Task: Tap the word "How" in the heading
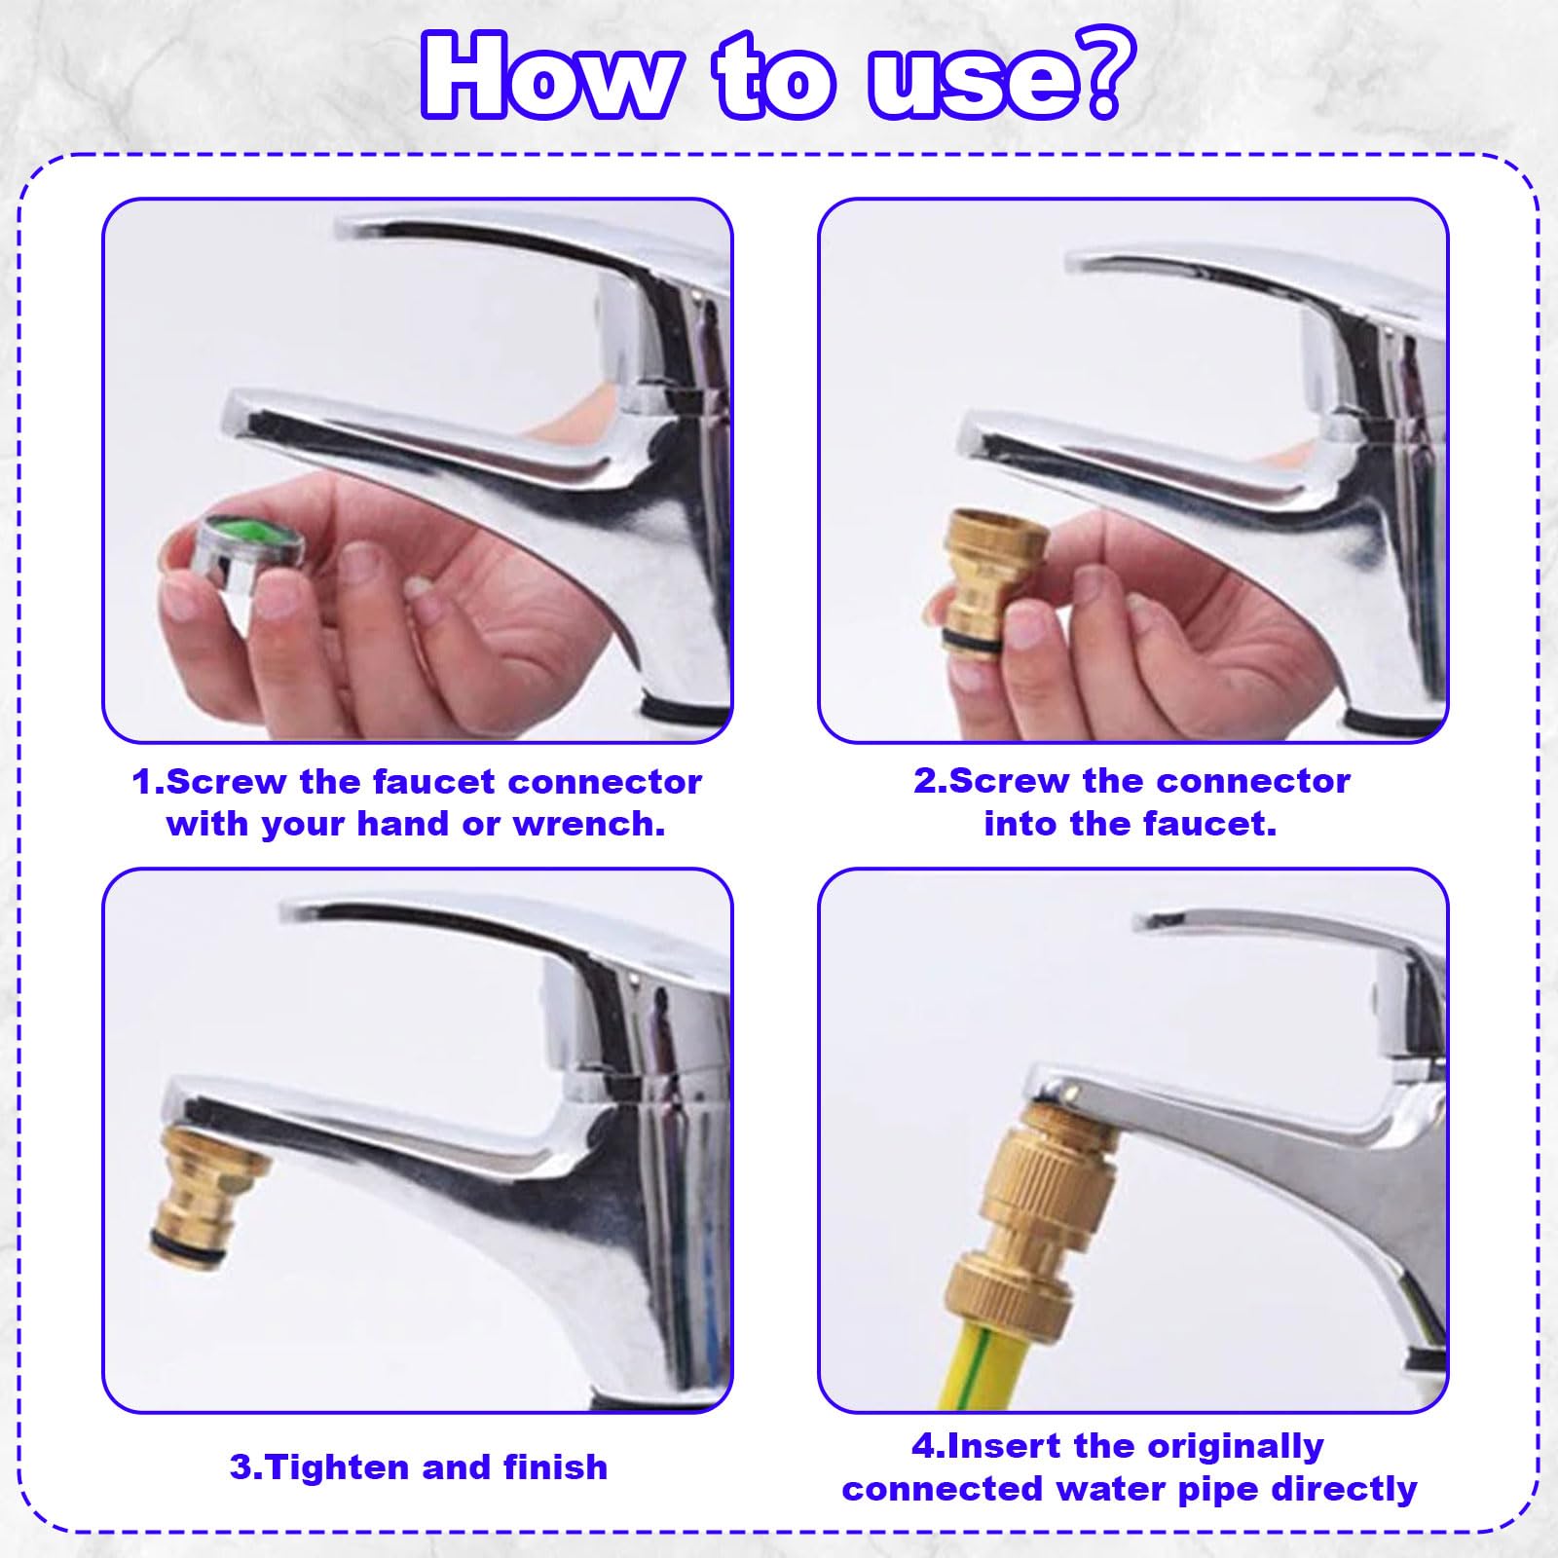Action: click(545, 75)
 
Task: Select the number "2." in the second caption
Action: click(930, 781)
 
